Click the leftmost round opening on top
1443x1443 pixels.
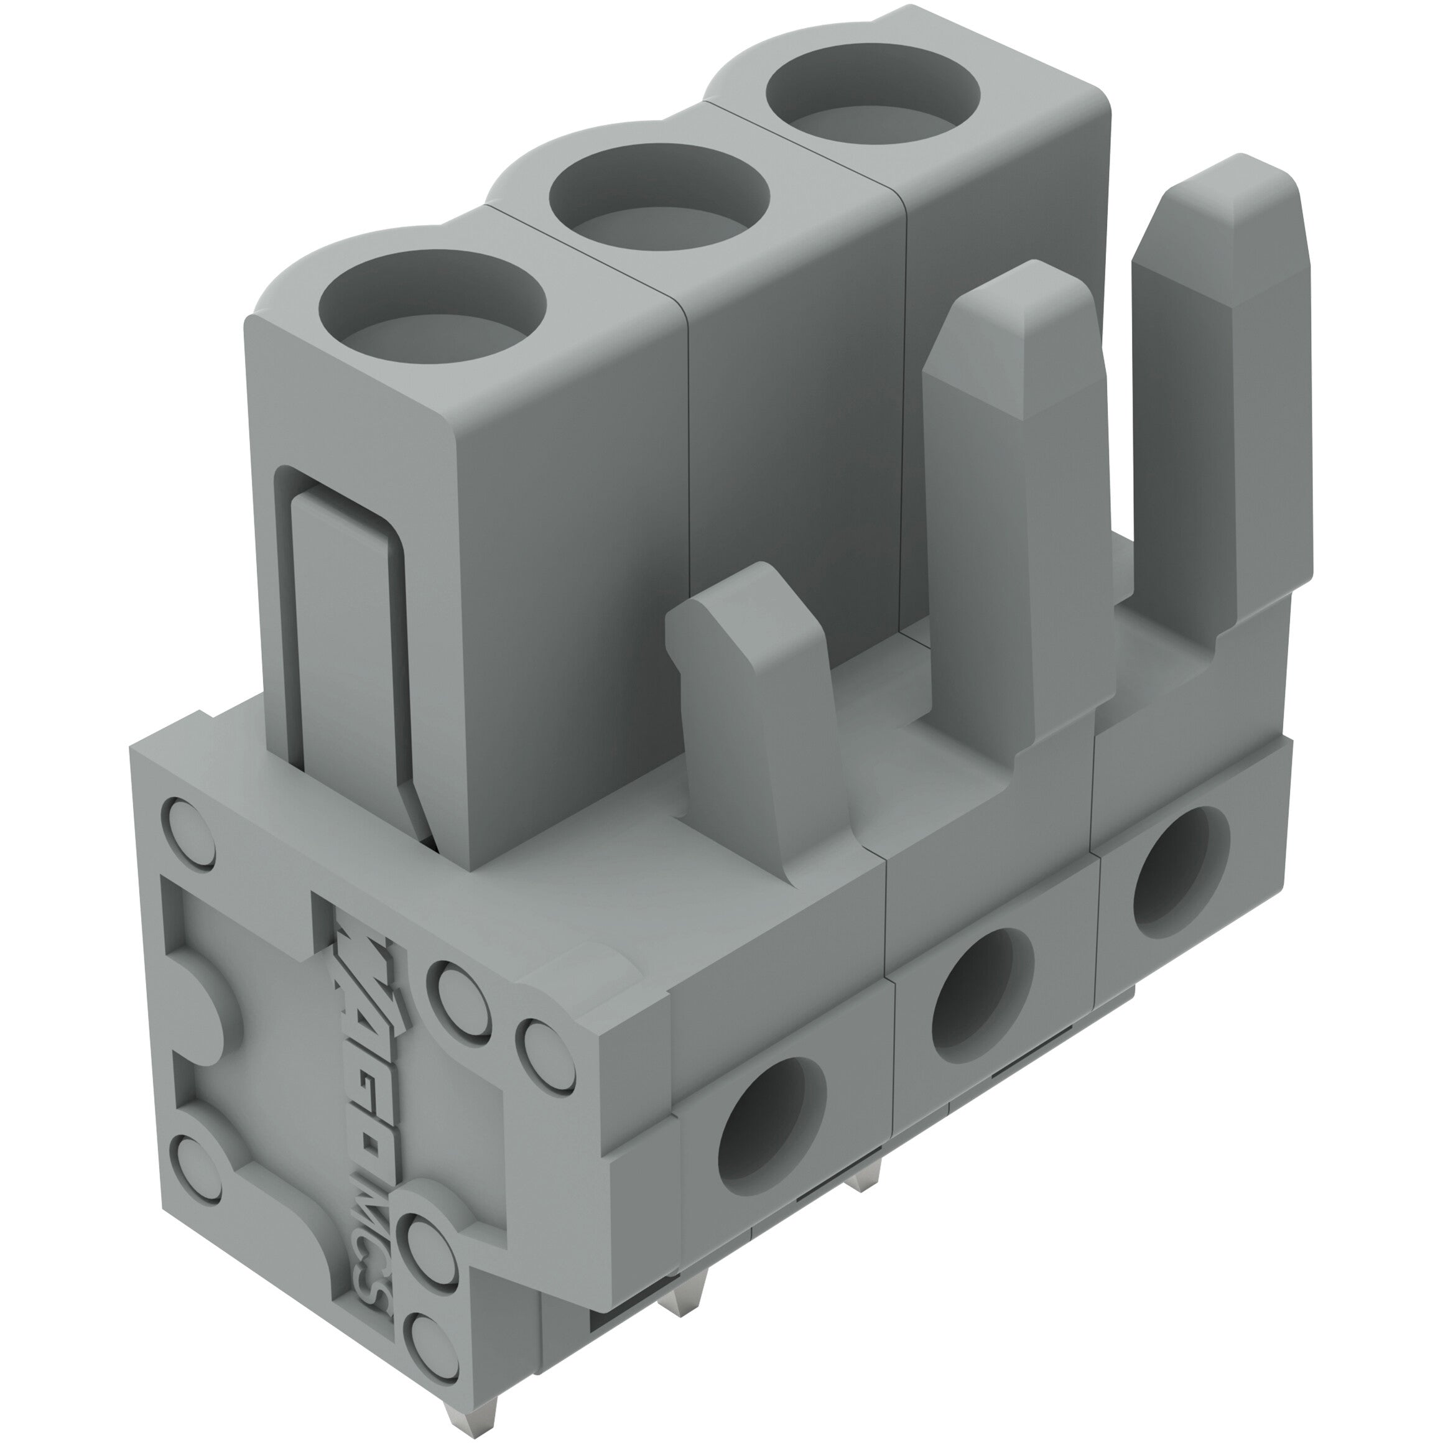432,309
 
